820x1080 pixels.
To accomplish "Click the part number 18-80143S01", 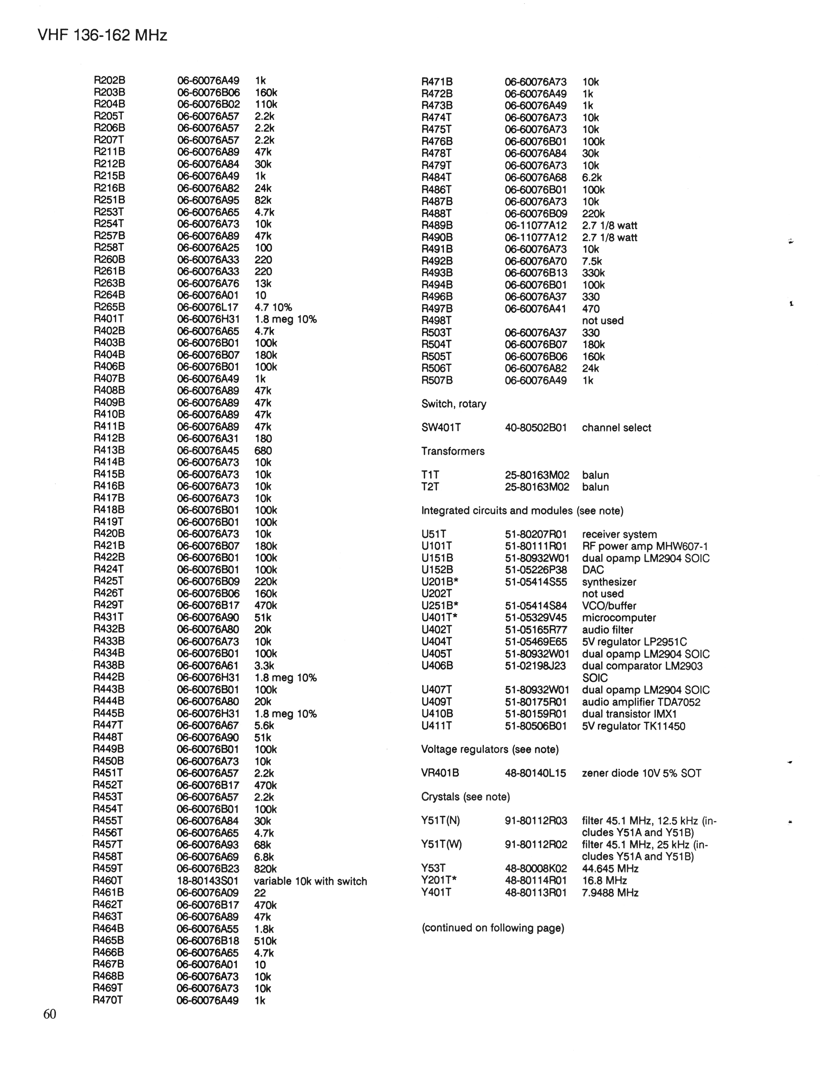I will point(207,881).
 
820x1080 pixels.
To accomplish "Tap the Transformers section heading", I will point(452,451).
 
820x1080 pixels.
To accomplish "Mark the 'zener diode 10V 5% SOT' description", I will point(641,773).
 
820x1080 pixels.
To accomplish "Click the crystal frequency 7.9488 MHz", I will point(610,893).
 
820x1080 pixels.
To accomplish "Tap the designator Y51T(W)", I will point(441,845).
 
